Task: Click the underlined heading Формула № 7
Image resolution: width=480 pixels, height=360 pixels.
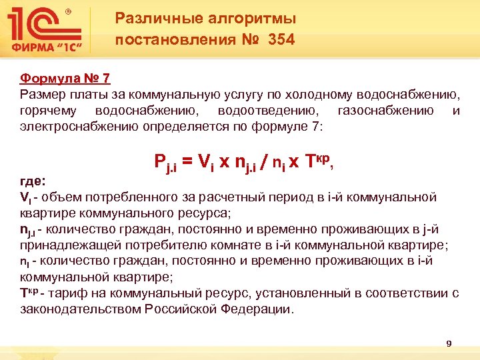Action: [65, 79]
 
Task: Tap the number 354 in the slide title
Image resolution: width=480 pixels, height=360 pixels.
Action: [281, 40]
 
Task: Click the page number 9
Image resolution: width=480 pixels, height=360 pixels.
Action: [449, 343]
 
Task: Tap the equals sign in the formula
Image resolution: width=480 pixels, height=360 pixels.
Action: [187, 161]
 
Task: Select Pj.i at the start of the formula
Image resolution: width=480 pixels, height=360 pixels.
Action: [165, 162]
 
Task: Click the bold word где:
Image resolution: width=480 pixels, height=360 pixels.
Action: [33, 180]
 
